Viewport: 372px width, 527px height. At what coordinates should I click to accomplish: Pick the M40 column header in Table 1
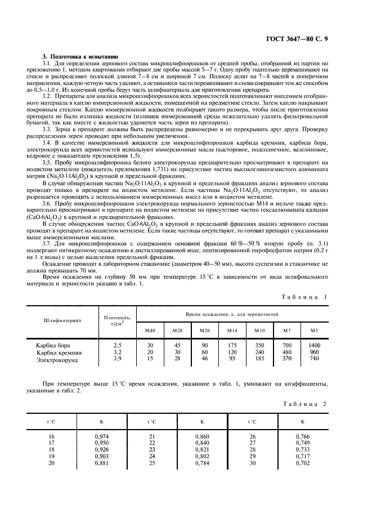coord(150,329)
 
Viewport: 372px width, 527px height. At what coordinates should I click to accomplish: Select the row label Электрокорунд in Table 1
coord(57,359)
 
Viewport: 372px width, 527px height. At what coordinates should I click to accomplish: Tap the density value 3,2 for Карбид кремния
coord(117,351)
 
